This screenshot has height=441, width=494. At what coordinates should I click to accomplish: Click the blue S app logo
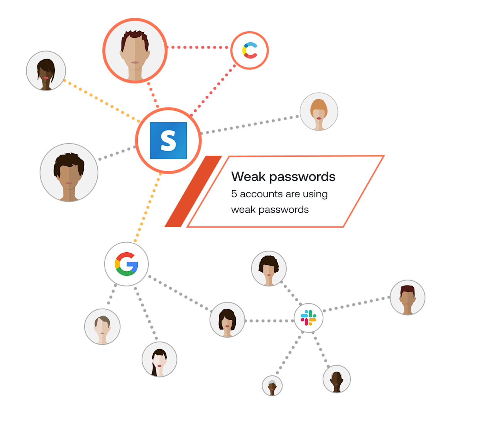click(168, 140)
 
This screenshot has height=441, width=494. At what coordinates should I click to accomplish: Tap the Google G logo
click(127, 264)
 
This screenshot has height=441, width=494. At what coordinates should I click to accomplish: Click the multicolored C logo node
click(250, 51)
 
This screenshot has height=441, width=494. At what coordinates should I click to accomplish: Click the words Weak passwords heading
click(283, 177)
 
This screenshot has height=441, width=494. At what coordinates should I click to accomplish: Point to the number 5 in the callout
click(234, 194)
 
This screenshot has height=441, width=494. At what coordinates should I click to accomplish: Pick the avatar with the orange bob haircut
click(319, 112)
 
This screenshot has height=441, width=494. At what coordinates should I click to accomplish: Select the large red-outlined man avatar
click(135, 51)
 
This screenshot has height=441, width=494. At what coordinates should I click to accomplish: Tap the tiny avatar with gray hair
click(272, 385)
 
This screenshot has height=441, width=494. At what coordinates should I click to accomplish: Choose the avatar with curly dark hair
click(269, 269)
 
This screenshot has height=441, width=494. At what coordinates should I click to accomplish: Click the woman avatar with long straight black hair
click(159, 359)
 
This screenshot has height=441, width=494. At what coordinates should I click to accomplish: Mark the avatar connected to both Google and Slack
click(227, 319)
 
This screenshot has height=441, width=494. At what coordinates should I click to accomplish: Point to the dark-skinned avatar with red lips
click(46, 71)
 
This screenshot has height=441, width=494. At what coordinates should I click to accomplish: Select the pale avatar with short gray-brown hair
click(102, 326)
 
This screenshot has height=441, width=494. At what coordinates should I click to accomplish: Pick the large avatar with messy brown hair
click(69, 172)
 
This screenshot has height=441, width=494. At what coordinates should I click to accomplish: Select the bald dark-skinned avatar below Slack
click(337, 379)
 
